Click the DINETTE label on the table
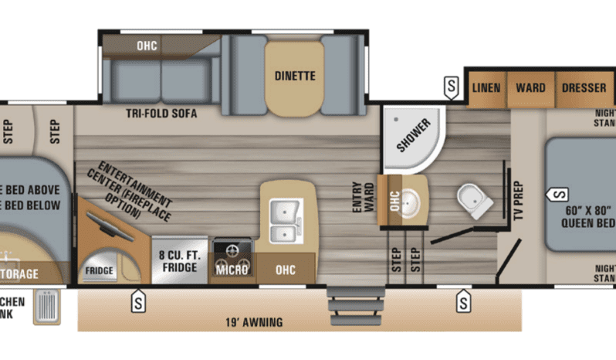coord(294,76)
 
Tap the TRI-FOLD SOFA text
coord(161,114)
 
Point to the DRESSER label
coord(584,87)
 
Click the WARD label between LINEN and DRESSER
coord(530,87)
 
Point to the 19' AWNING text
coord(252,322)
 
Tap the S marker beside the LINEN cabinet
coord(451,87)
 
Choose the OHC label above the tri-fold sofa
coord(147,46)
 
